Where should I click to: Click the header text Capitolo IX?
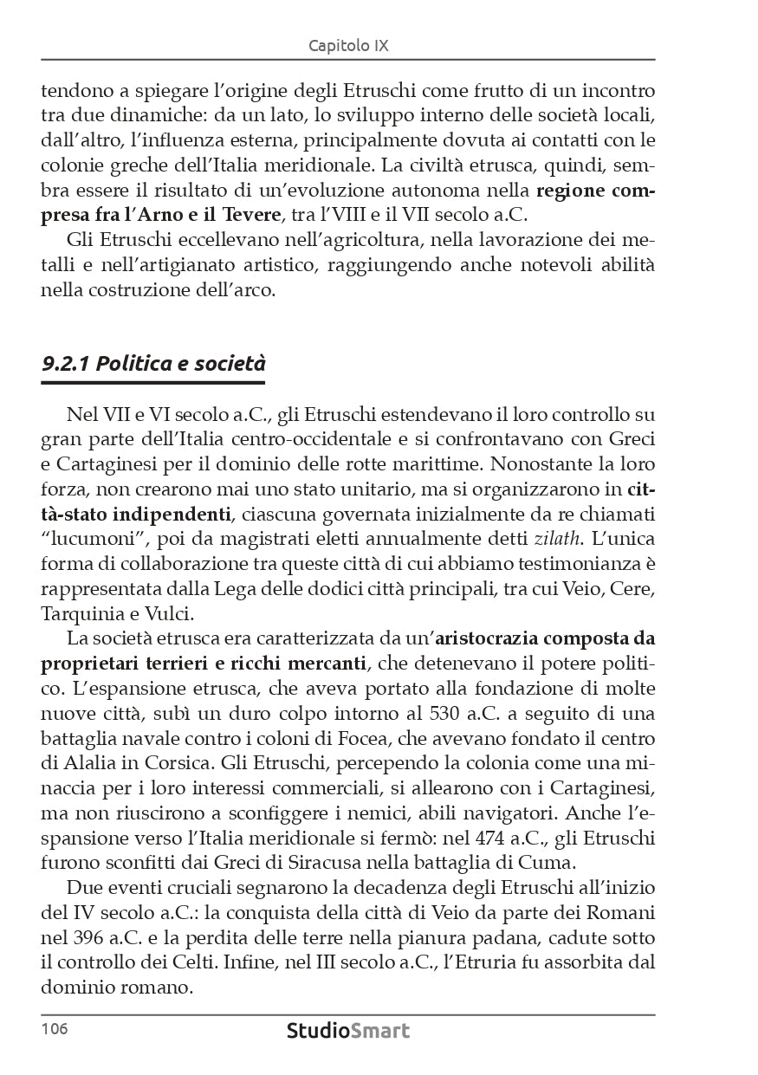click(348, 45)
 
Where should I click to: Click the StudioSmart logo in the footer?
click(348, 1031)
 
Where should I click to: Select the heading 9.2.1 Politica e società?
click(153, 365)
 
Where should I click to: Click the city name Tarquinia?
click(82, 613)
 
